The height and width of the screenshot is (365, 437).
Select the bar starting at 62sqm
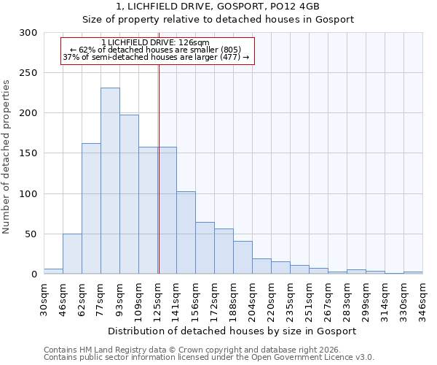(x=91, y=209)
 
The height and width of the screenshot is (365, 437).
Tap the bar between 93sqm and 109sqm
(x=129, y=194)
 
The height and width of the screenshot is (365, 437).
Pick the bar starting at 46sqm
(x=72, y=254)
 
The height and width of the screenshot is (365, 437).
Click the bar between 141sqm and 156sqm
(x=186, y=233)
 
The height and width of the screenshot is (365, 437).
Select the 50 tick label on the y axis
(x=31, y=234)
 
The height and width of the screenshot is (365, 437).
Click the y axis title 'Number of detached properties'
(x=7, y=156)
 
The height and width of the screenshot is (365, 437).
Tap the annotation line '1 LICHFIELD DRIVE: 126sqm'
(x=156, y=42)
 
